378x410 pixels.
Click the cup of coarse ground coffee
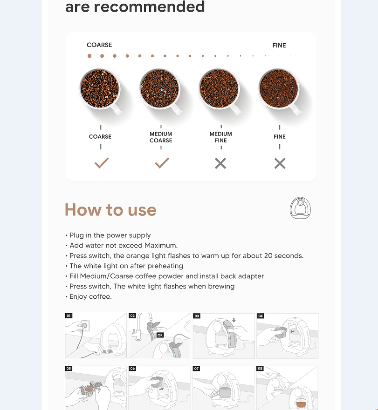pyautogui.click(x=100, y=89)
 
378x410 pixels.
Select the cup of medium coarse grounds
pyautogui.click(x=159, y=89)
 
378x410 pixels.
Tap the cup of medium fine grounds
pyautogui.click(x=219, y=89)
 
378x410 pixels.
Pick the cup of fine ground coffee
pyautogui.click(x=279, y=89)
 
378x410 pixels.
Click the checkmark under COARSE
pyautogui.click(x=101, y=163)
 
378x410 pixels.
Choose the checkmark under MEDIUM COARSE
pyautogui.click(x=161, y=163)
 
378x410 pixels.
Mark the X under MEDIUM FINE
pyautogui.click(x=220, y=163)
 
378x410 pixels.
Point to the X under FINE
pyautogui.click(x=280, y=163)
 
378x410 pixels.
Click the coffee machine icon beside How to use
pyautogui.click(x=300, y=208)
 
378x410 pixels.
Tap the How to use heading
pyautogui.click(x=110, y=210)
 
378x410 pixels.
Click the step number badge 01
pyautogui.click(x=69, y=316)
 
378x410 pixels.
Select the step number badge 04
pyautogui.click(x=261, y=316)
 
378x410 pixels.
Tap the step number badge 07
pyautogui.click(x=197, y=369)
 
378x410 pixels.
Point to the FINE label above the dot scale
pyautogui.click(x=279, y=46)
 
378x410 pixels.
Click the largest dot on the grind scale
pyautogui.click(x=89, y=56)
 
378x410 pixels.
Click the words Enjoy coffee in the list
pyautogui.click(x=90, y=296)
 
